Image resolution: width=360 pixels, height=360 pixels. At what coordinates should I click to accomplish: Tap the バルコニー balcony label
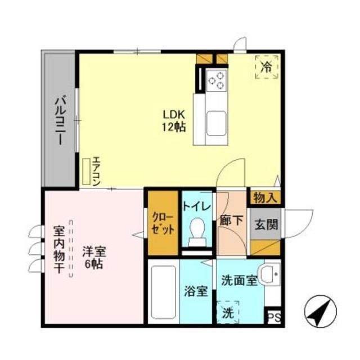pos(58,119)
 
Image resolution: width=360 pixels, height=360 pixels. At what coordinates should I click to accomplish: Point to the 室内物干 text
pos(59,250)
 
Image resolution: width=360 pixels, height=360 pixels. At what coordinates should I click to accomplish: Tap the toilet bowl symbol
pos(197,231)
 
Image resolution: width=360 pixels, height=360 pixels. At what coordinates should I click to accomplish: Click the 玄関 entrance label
pos(265,224)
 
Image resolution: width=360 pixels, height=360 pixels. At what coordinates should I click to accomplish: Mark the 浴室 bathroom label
pos(196,291)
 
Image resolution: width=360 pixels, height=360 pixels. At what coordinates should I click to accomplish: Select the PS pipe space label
pos(273,318)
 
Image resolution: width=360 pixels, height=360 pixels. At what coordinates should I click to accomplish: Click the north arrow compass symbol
pos(317,312)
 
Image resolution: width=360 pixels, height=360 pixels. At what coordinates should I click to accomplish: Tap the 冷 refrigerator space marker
pos(268,67)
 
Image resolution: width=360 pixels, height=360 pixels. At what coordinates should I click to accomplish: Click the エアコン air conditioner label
pos(96,170)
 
